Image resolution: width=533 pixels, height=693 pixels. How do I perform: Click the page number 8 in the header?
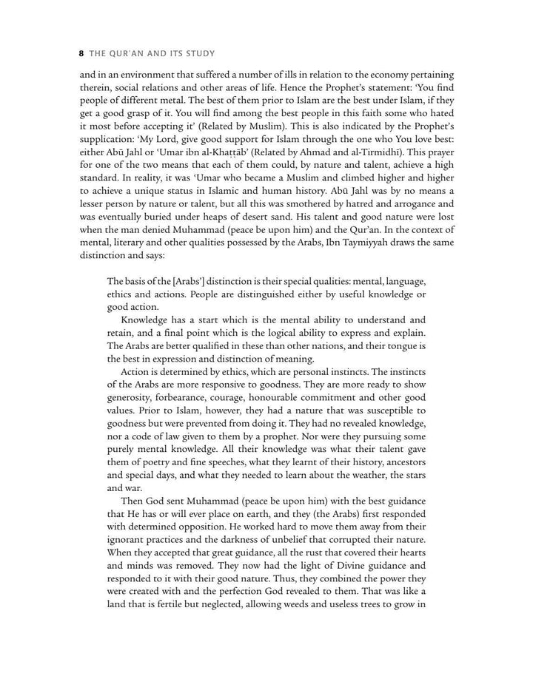(80, 54)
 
